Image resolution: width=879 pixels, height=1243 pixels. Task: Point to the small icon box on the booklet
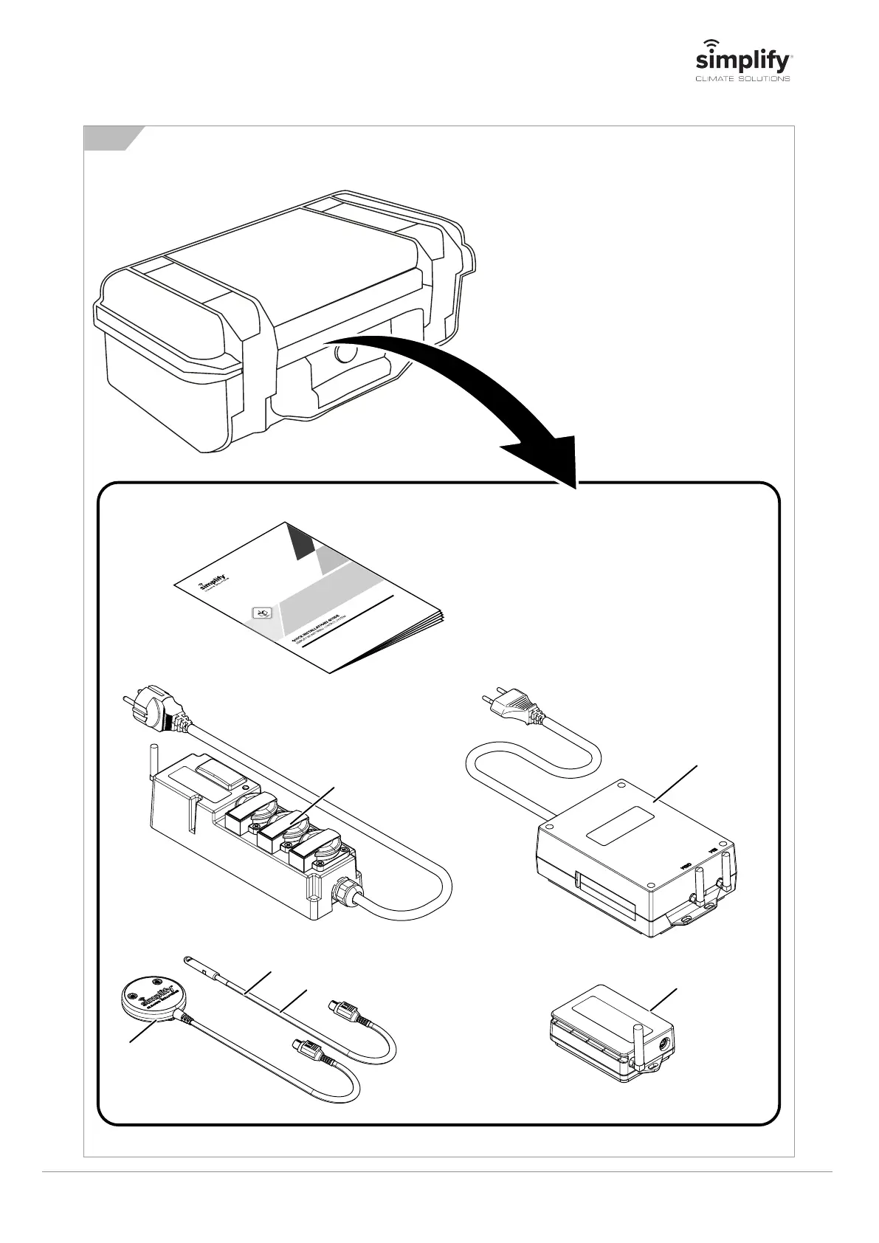point(262,612)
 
